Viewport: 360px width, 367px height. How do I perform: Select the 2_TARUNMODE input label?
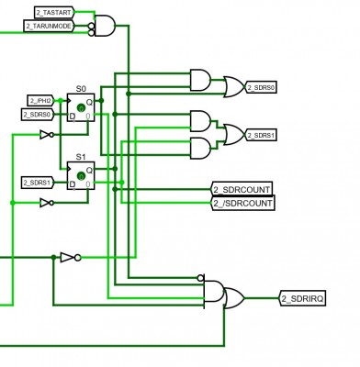point(49,27)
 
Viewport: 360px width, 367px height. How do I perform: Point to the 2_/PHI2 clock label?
point(40,99)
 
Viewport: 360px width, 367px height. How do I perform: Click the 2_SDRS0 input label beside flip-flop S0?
point(38,114)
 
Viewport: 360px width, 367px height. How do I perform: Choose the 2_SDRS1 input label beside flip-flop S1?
point(38,183)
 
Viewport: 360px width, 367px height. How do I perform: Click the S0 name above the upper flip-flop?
point(81,88)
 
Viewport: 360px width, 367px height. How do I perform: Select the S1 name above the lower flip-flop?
point(81,156)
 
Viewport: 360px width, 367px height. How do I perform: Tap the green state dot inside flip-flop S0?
point(81,108)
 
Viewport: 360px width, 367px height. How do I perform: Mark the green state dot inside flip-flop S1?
point(81,176)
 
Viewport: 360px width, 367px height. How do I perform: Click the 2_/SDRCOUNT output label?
point(242,202)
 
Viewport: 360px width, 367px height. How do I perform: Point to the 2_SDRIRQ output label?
point(304,298)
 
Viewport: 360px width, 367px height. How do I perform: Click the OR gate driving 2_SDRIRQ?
point(233,298)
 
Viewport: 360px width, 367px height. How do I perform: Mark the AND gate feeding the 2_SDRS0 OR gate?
point(198,80)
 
